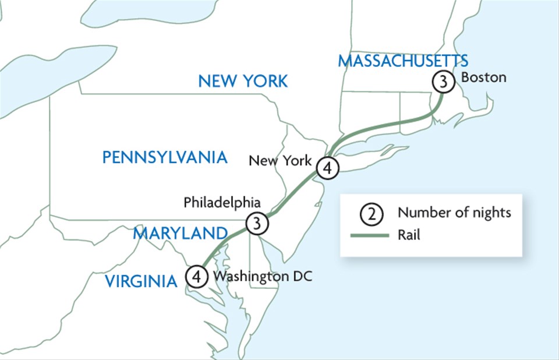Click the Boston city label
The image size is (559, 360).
point(483,77)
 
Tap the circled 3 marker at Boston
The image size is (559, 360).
point(443,82)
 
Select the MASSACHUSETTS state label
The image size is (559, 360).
point(404,61)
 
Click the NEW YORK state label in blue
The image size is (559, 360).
point(243,80)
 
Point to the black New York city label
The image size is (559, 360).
point(280,160)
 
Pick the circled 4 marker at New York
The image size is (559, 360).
point(327,168)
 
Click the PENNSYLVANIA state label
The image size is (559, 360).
point(164,157)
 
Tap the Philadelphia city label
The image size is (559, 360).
point(222,202)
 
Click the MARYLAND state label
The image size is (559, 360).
point(179,234)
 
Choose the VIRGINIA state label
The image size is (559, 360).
point(141,282)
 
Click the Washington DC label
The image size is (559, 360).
point(263,276)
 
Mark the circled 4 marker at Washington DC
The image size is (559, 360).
point(197,276)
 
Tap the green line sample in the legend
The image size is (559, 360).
point(369,235)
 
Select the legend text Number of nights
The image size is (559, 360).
point(454,213)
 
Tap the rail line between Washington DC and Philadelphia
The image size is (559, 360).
point(224,241)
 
